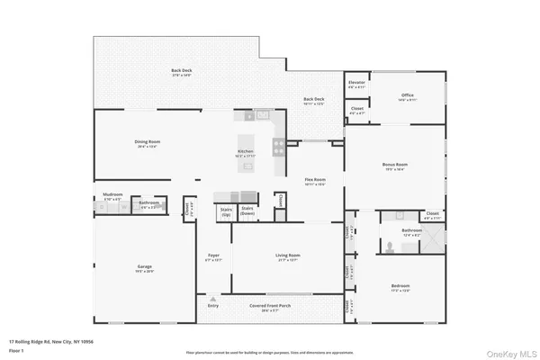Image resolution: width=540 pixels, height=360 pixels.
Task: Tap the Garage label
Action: click(144, 266)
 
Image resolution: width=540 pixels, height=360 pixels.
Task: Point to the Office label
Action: click(407, 96)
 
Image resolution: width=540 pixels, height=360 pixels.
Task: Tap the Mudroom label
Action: click(112, 194)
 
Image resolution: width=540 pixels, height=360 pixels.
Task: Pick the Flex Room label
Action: click(313, 180)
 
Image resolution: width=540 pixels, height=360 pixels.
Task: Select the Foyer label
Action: click(214, 256)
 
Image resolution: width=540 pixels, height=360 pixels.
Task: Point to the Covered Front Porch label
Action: click(270, 306)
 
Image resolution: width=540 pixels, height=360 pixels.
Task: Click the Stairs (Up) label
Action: click(225, 210)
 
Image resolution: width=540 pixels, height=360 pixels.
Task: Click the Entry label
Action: click(212, 306)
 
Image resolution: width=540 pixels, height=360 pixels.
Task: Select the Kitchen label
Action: click(245, 151)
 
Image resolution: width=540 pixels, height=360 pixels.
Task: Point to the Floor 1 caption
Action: click(16, 350)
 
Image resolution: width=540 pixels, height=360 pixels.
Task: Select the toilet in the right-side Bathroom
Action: click(387, 243)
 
